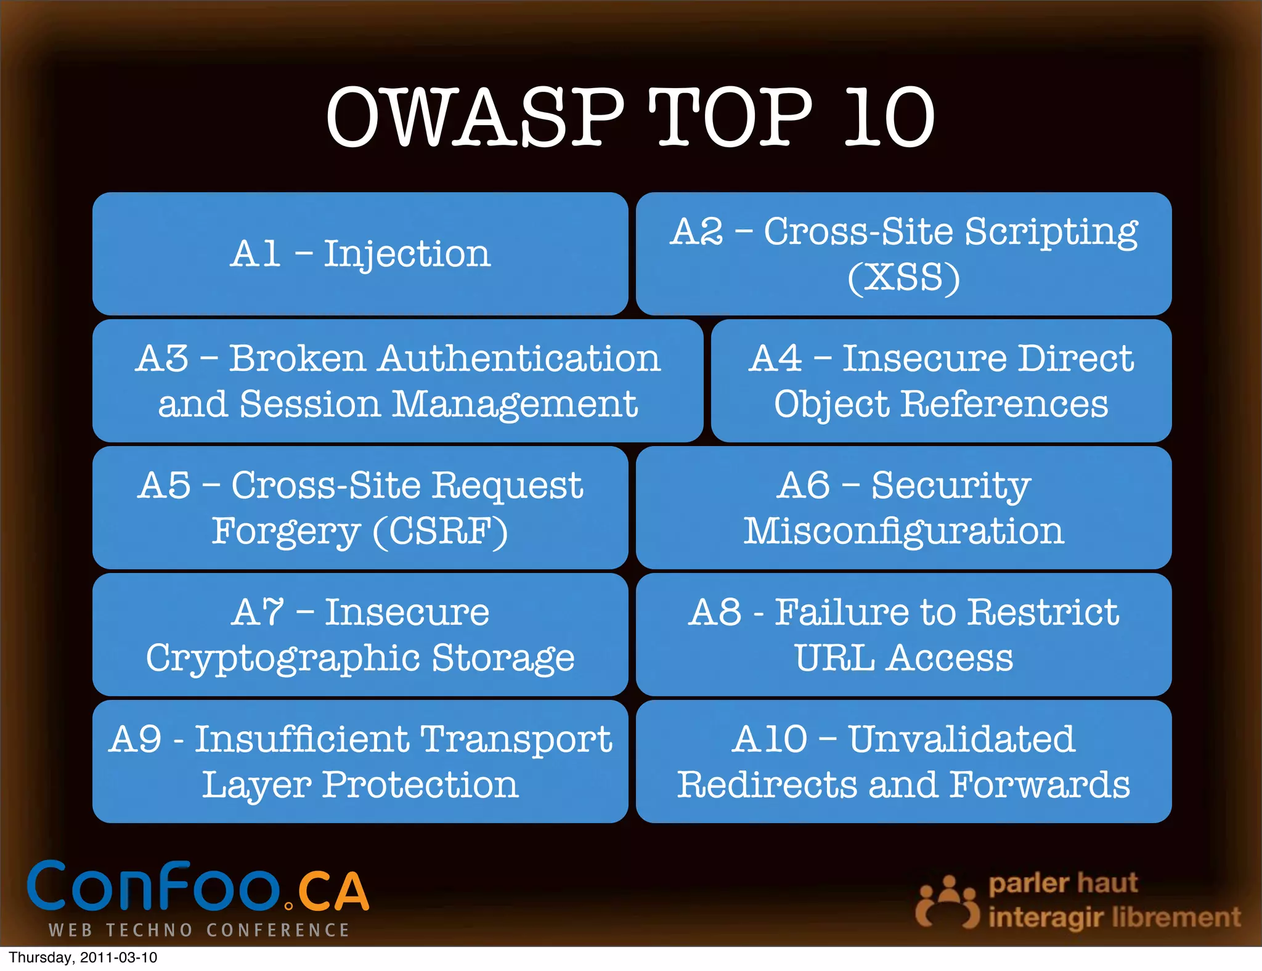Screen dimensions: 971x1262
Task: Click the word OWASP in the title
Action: [474, 117]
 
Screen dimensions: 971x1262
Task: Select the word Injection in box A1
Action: [407, 254]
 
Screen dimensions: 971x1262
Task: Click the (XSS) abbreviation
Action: [903, 277]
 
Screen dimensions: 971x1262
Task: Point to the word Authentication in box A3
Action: [519, 358]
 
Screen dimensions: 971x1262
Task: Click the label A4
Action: [775, 358]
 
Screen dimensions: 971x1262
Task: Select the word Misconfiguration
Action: [903, 531]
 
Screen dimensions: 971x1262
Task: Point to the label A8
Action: [715, 612]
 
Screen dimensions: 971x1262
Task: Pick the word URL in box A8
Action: [834, 658]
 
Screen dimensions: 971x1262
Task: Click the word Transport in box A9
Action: [516, 739]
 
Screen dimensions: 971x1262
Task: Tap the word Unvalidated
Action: [961, 739]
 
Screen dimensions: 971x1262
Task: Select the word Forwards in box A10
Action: [1040, 785]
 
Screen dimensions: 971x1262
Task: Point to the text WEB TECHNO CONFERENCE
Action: [199, 930]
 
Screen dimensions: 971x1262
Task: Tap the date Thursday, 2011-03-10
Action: [83, 957]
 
